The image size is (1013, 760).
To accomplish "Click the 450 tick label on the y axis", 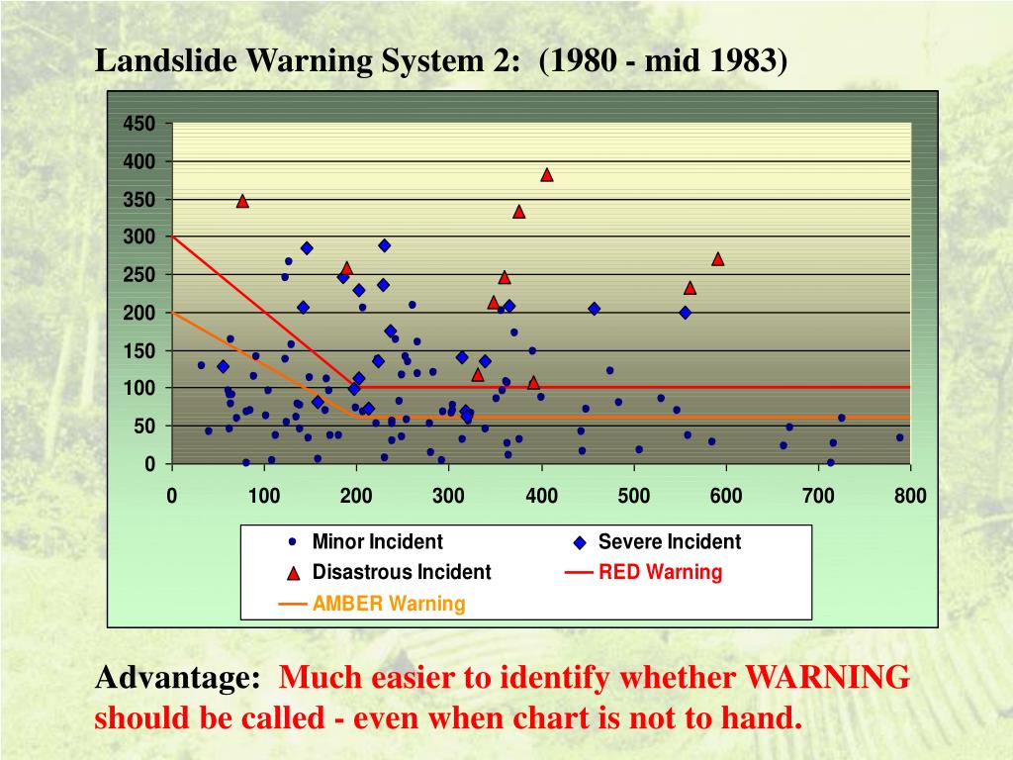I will click(x=139, y=124).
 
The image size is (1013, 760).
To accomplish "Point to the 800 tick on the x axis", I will click(x=910, y=496).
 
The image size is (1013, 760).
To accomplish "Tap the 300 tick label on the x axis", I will click(x=448, y=496).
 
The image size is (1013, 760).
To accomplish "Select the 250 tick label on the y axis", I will click(x=139, y=275).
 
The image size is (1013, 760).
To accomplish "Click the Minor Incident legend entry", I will click(x=377, y=542).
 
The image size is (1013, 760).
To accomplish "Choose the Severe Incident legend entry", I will click(x=669, y=542).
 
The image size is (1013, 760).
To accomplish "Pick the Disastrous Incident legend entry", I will click(x=401, y=572).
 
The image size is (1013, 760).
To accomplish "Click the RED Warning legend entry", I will click(x=660, y=572).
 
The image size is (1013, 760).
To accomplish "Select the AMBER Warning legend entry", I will click(x=389, y=604).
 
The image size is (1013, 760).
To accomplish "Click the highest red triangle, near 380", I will click(x=547, y=175).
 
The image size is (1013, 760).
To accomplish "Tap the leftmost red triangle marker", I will click(x=242, y=201).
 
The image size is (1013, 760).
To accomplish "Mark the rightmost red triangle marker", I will click(x=718, y=259).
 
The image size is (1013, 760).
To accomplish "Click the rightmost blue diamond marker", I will click(x=685, y=313).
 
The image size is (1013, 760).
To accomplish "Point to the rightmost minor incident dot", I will click(x=900, y=437).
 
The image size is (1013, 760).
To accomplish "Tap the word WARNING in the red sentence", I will click(x=826, y=679).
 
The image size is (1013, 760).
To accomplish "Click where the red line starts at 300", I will click(x=172, y=237).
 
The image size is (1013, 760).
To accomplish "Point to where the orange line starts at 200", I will click(x=172, y=313).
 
